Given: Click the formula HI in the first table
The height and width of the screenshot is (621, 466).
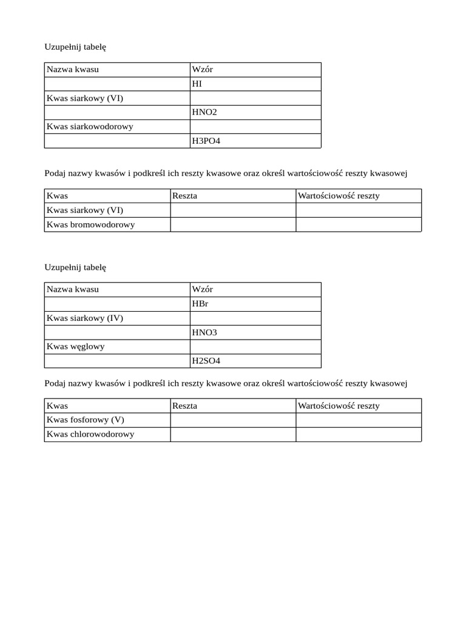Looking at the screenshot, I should coord(197,84).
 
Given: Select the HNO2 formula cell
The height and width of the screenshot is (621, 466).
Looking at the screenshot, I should coord(204,112).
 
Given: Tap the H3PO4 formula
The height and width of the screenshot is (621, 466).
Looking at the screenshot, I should coord(206,141).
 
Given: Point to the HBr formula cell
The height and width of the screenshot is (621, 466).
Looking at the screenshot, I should coord(200,304).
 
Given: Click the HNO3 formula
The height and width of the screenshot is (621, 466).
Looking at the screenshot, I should coord(204,332).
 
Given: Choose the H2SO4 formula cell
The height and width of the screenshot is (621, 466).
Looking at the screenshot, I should coord(206,361).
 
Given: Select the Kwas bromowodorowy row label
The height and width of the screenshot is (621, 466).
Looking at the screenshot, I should coord(90,224).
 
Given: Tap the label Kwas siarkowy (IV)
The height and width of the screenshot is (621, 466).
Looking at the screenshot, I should coord(85,318).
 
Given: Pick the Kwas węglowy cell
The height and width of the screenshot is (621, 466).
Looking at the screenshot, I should coord(76,346).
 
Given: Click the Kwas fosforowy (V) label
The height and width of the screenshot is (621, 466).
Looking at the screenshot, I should coord(85,420).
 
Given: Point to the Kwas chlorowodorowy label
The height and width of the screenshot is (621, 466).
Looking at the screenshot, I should coord(90,434).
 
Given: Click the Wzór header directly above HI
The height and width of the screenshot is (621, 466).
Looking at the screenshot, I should coord(202,69).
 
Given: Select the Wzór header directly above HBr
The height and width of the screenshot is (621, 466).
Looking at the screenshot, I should coord(202,289).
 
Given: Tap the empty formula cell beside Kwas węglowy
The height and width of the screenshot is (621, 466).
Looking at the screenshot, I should coord(255,346).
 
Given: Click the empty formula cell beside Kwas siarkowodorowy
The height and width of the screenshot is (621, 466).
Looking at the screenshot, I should coord(255,127).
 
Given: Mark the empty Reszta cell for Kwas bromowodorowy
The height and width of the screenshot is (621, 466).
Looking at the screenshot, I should coord(233,224).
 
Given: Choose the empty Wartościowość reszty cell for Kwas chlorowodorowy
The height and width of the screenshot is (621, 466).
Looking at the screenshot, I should coord(358,434).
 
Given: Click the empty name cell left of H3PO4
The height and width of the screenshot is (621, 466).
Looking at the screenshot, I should coord(116,141).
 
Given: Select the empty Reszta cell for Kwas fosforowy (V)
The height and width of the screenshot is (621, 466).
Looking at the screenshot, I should coord(233,420).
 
